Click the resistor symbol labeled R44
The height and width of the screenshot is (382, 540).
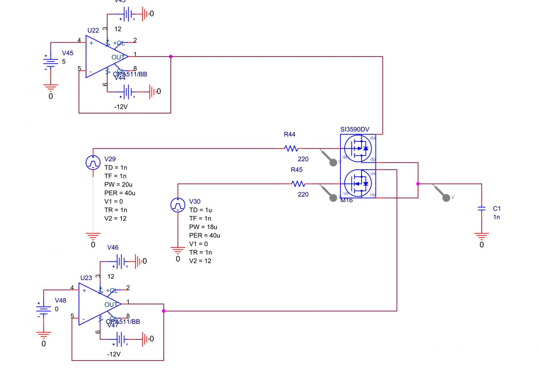click(x=291, y=149)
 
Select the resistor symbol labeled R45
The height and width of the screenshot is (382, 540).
click(x=298, y=184)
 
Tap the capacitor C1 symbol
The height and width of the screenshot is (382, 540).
click(x=481, y=209)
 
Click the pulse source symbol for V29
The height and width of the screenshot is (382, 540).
click(x=93, y=163)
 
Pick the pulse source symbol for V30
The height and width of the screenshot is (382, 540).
click(x=178, y=205)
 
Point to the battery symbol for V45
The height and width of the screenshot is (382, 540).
click(x=51, y=62)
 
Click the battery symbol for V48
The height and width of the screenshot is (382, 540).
click(x=43, y=309)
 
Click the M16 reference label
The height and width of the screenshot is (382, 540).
click(x=346, y=200)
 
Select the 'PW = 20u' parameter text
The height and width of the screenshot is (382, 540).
click(x=119, y=184)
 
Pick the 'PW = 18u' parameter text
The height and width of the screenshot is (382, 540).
click(x=204, y=227)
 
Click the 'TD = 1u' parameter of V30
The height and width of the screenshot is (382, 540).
click(x=200, y=210)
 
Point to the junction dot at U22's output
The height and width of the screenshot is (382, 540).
click(x=171, y=57)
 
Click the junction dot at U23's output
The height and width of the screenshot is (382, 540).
click(x=164, y=311)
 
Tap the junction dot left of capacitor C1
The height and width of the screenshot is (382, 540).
click(x=418, y=184)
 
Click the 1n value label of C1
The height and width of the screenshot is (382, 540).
click(x=497, y=217)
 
